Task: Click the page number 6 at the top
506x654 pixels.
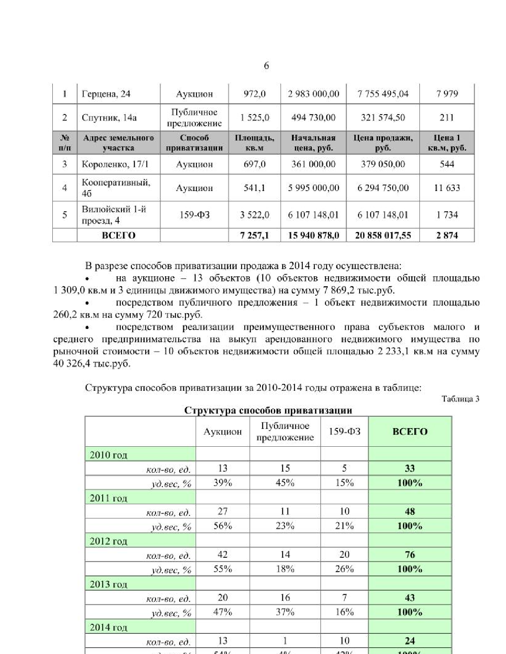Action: tap(266, 66)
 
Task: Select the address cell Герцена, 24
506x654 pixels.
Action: tap(106, 94)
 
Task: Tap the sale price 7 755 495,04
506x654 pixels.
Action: tap(383, 94)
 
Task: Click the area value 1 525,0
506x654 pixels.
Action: tap(254, 118)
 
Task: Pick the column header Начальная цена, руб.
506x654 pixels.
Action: tap(313, 143)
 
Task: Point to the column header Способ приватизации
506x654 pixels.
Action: tap(194, 143)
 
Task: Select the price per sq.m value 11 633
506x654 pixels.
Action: tap(447, 188)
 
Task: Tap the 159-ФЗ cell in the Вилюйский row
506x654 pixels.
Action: tap(194, 215)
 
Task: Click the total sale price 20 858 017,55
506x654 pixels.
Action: tap(383, 235)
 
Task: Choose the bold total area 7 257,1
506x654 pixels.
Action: tap(254, 235)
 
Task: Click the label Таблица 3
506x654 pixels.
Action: tap(460, 399)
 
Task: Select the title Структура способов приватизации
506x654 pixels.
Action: tap(268, 410)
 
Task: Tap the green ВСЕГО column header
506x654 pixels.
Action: tap(410, 432)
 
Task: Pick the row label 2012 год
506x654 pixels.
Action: tap(108, 541)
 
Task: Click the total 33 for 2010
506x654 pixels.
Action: tap(410, 469)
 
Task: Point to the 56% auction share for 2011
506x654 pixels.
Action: tap(223, 526)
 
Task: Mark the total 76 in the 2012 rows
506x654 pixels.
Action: tap(410, 555)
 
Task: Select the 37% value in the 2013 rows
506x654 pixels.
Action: tap(285, 612)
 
